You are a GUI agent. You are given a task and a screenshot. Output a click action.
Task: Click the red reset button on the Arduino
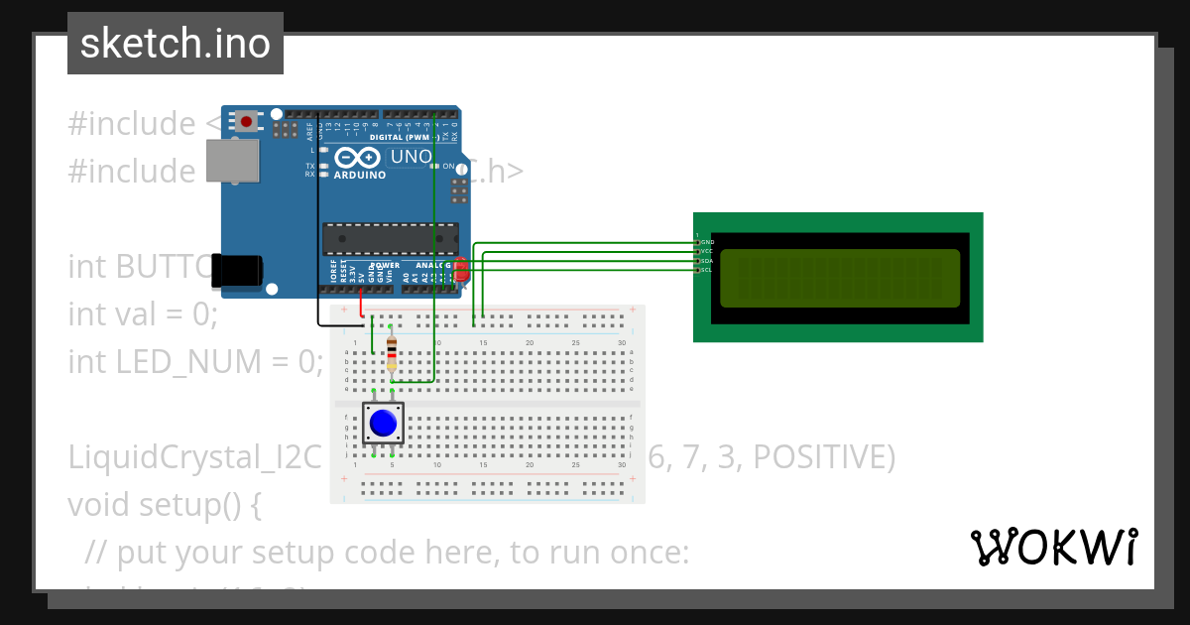pos(245,121)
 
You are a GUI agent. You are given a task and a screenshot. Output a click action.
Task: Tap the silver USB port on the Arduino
pos(233,160)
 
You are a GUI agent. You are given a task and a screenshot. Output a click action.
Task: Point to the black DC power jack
pos(238,271)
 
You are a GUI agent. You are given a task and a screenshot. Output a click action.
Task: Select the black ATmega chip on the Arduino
pos(390,239)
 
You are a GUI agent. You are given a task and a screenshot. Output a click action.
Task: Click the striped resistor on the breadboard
pos(392,352)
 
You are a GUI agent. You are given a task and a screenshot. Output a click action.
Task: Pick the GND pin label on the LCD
pos(706,242)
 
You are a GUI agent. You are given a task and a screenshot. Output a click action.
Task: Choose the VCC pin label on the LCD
pos(706,252)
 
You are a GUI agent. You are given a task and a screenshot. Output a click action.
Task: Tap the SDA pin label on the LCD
pos(706,261)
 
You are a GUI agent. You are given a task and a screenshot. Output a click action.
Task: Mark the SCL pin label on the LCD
pos(706,270)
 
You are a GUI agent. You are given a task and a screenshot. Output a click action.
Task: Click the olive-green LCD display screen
pos(839,278)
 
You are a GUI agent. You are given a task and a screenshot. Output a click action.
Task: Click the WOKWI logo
pos(1053,548)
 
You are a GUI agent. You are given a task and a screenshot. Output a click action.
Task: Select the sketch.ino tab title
pos(176,44)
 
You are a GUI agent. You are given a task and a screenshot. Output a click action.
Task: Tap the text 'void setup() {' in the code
pos(165,505)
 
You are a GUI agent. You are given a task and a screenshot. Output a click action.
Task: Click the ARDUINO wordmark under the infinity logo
pos(360,176)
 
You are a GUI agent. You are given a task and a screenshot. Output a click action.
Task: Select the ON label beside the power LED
pos(448,167)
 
